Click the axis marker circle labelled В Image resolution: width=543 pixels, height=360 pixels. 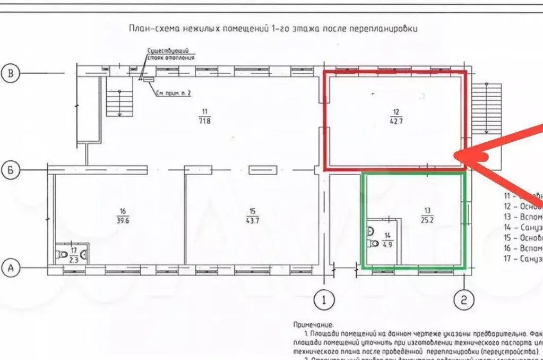point(10,73)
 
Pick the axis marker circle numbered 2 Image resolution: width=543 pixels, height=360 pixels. point(463,301)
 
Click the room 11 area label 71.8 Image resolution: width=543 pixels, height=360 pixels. point(205,121)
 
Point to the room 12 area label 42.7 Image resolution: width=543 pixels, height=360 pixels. point(396,121)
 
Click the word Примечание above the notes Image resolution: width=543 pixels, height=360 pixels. point(313,324)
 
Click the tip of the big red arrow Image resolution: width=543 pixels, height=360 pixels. point(456,155)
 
